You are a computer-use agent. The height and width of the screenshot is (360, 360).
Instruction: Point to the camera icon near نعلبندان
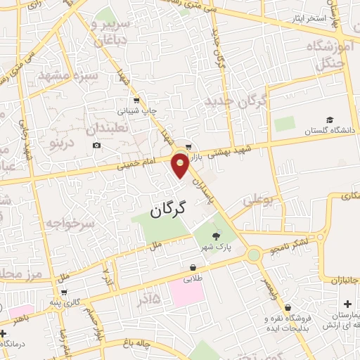(96, 146)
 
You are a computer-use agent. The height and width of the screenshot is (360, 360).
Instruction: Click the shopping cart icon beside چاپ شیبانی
(136, 100)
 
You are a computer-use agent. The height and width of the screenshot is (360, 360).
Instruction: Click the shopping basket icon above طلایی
(193, 267)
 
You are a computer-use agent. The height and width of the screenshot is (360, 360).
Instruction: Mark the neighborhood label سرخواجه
(70, 224)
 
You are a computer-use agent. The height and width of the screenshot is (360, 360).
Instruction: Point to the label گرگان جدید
(236, 103)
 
